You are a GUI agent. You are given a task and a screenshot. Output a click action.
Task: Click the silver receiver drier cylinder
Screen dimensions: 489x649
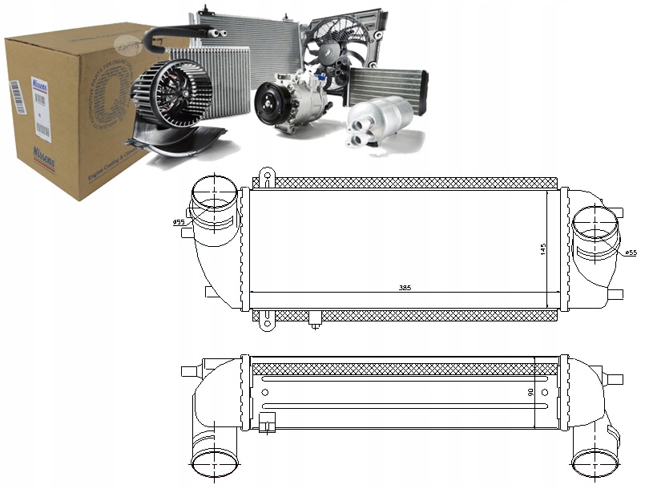(x=378, y=122)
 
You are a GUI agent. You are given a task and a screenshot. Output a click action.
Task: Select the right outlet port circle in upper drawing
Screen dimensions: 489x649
(x=595, y=222)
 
